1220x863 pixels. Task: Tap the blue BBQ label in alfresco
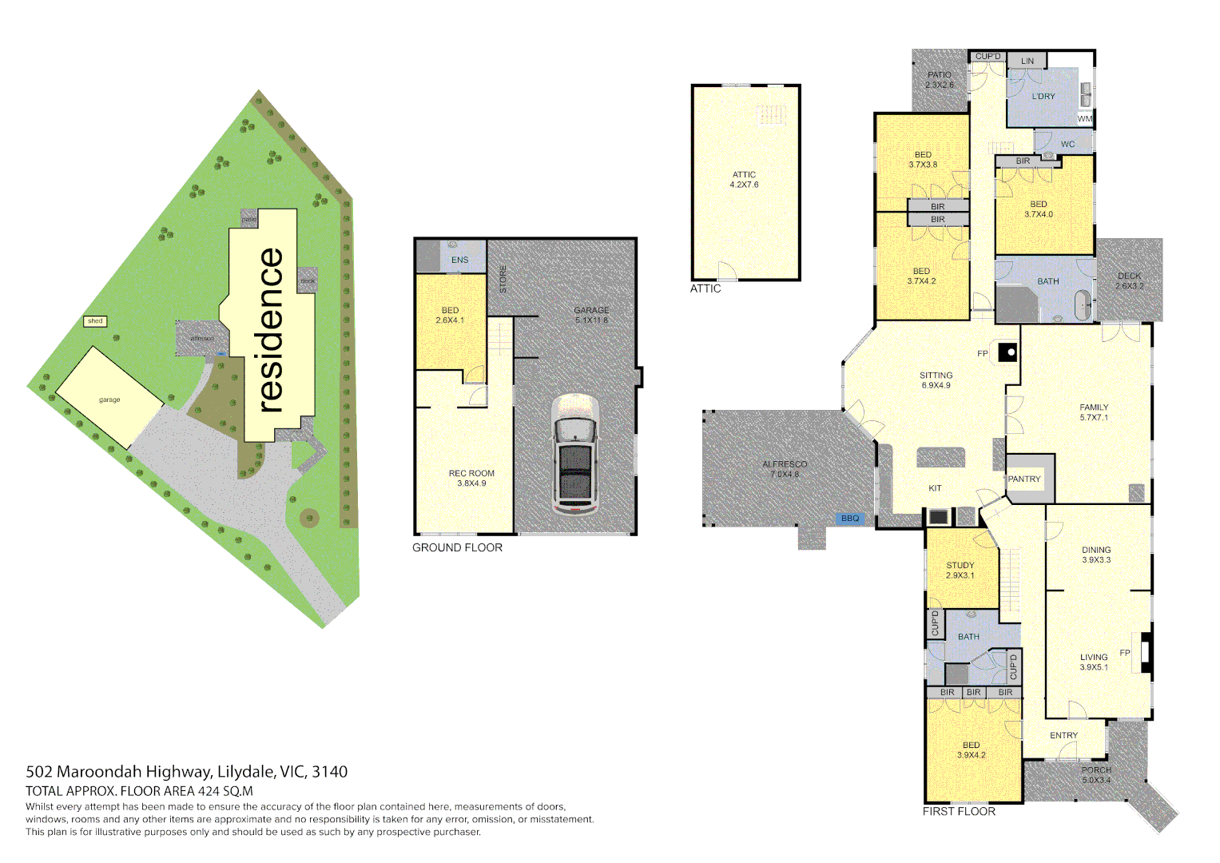850,519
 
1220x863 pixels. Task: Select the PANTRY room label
1024,479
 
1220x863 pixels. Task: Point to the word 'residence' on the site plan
271,329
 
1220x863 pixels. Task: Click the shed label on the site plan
95,321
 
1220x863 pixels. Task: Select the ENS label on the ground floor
460,260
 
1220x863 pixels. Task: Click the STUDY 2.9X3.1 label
960,570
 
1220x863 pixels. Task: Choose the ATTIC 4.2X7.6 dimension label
744,180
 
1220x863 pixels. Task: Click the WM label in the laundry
1084,119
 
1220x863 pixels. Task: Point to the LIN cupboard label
1027,61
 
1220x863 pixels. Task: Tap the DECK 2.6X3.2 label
1129,280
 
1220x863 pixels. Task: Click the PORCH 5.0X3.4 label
1096,775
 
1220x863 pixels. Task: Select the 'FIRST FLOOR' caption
959,811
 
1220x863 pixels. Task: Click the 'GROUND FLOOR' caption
457,547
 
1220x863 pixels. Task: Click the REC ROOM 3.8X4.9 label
471,478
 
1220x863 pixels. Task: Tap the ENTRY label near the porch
1063,735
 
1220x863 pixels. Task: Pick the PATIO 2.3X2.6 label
940,80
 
